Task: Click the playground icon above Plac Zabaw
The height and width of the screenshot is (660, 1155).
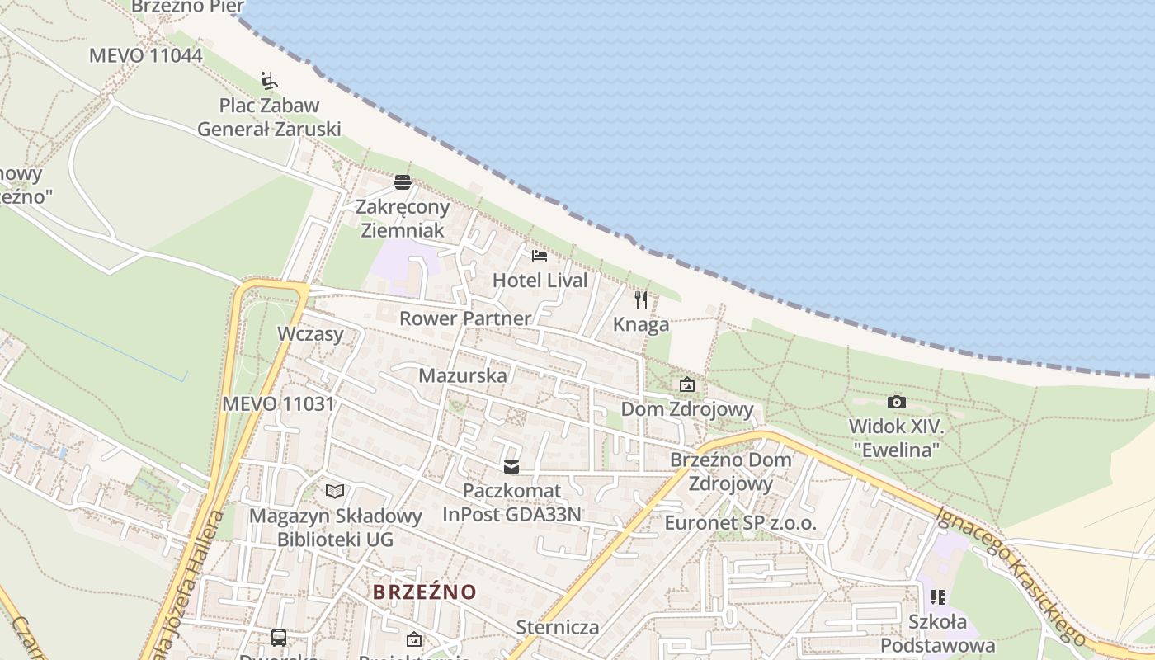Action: (x=269, y=81)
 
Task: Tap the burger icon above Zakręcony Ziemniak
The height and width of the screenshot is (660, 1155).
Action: (x=403, y=182)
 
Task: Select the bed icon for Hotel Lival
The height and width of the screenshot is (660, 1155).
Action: (x=540, y=256)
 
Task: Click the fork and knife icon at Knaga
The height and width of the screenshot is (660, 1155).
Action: (x=641, y=300)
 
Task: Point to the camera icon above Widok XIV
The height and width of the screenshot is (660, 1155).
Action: (x=897, y=403)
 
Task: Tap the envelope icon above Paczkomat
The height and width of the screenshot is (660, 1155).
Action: (x=512, y=467)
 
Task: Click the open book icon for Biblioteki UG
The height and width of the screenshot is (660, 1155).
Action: (x=334, y=492)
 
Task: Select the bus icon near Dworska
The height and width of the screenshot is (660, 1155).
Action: (x=279, y=637)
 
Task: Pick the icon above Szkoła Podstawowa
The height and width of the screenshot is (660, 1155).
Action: (x=937, y=596)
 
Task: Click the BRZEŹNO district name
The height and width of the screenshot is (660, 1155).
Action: (x=425, y=592)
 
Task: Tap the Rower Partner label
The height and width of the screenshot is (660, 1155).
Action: (x=465, y=318)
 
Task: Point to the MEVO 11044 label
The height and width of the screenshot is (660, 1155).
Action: (x=145, y=55)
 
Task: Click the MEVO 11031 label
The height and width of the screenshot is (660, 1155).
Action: (x=278, y=404)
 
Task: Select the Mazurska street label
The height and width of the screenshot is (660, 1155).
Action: (x=463, y=375)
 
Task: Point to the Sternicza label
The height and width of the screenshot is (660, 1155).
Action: (x=558, y=627)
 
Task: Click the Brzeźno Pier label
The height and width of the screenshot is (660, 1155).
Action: (x=188, y=7)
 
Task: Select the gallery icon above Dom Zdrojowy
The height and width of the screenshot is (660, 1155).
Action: (x=686, y=384)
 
